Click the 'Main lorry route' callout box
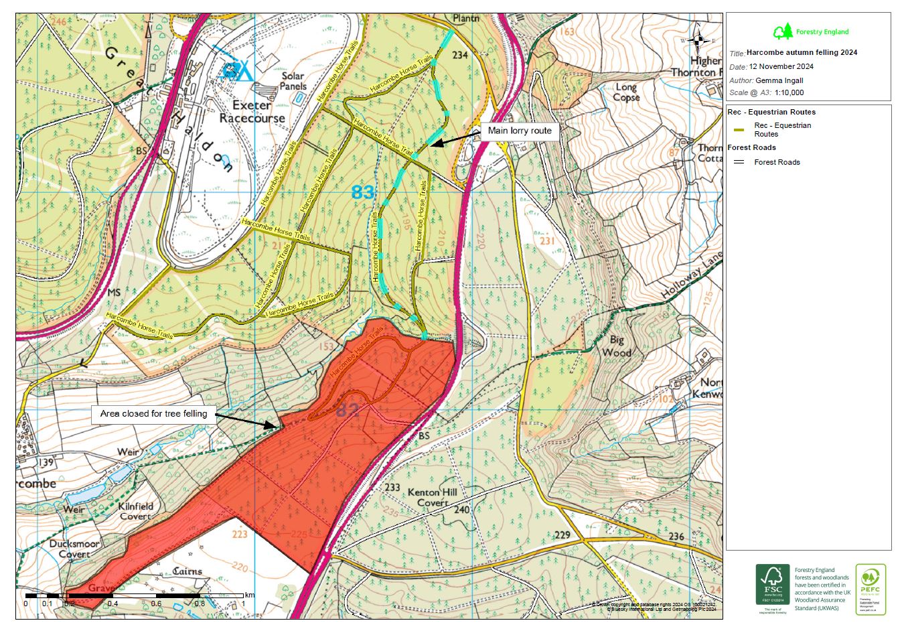(x=520, y=131)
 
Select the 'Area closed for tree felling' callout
(x=153, y=414)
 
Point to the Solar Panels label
(x=293, y=81)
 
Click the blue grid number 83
(x=363, y=193)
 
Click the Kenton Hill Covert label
(x=433, y=497)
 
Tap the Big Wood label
(x=616, y=346)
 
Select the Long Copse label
(x=626, y=92)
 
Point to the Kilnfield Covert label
(x=136, y=511)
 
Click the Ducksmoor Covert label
(x=74, y=549)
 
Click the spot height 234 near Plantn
(x=460, y=55)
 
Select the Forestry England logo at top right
(x=810, y=31)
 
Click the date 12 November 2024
(x=781, y=66)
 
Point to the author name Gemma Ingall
(x=779, y=80)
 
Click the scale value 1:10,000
(x=789, y=93)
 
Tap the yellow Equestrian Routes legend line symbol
(x=739, y=130)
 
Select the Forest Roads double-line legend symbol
(x=739, y=162)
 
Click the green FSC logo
(x=773, y=583)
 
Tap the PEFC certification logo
(x=871, y=589)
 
